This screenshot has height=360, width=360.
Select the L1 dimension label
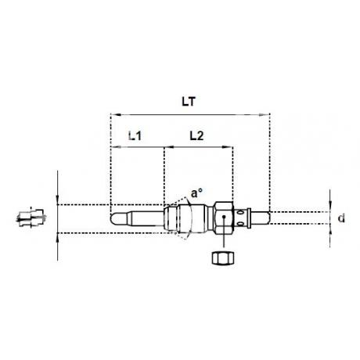[135, 135]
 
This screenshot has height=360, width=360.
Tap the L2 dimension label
[199, 135]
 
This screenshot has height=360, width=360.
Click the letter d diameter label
[341, 219]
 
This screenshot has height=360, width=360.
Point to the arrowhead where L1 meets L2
[164, 146]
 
